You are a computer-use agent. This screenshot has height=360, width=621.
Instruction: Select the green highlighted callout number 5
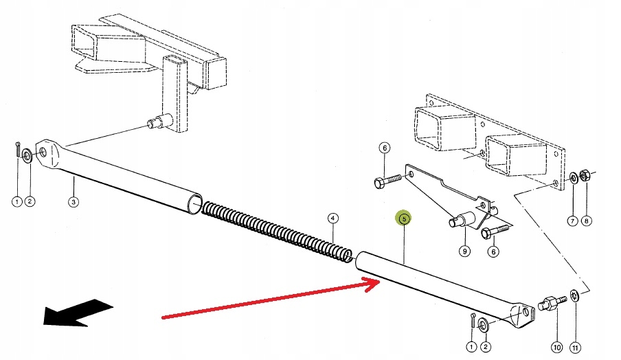(404, 218)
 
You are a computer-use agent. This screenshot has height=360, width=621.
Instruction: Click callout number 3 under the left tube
(74, 202)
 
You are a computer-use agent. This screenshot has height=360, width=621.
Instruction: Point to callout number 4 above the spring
(332, 219)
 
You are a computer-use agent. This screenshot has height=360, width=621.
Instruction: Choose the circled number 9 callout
(464, 251)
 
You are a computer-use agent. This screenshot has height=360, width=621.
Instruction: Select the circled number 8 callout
(586, 221)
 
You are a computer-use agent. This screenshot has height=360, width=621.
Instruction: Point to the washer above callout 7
(573, 178)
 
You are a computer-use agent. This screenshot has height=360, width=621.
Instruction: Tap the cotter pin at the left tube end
(16, 149)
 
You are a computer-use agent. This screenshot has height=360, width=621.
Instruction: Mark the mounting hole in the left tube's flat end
(44, 152)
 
